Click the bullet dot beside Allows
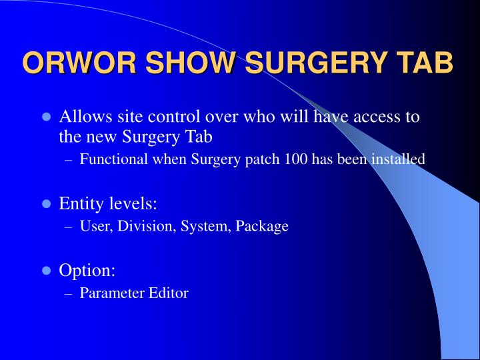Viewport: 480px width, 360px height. click(46, 117)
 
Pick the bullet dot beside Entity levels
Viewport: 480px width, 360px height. click(46, 203)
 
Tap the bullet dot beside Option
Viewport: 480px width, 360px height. click(46, 270)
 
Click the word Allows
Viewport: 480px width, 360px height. click(86, 116)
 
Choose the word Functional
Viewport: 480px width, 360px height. click(113, 159)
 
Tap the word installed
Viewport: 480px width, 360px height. click(398, 159)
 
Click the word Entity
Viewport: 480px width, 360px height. click(81, 203)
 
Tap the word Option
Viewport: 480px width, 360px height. click(87, 271)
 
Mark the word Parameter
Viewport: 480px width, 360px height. click(112, 293)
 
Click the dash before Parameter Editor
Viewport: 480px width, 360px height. click(69, 294)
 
